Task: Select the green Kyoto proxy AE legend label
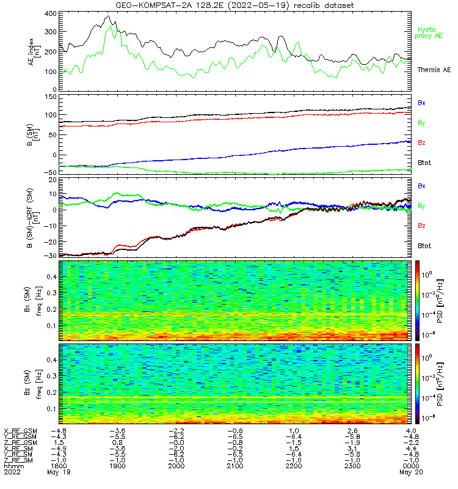[x=429, y=33]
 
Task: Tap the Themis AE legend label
[x=434, y=70]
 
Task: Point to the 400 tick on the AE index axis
[x=51, y=13]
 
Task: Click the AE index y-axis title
[x=34, y=52]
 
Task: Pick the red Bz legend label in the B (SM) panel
[x=421, y=142]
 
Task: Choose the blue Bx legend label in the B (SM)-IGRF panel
[x=421, y=186]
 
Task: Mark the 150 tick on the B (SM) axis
[x=51, y=97]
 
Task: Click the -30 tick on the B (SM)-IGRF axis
[x=51, y=256]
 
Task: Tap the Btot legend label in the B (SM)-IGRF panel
[x=424, y=246]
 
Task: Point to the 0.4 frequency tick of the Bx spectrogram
[x=52, y=277]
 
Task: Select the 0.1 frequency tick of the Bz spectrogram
[x=52, y=408]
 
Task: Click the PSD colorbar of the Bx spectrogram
[x=417, y=301]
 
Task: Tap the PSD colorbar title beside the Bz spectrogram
[x=440, y=384]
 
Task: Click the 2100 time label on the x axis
[x=235, y=466]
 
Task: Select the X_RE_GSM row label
[x=20, y=431]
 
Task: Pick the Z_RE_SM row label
[x=18, y=460]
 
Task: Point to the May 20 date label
[x=411, y=472]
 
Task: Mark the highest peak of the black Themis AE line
[x=108, y=16]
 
